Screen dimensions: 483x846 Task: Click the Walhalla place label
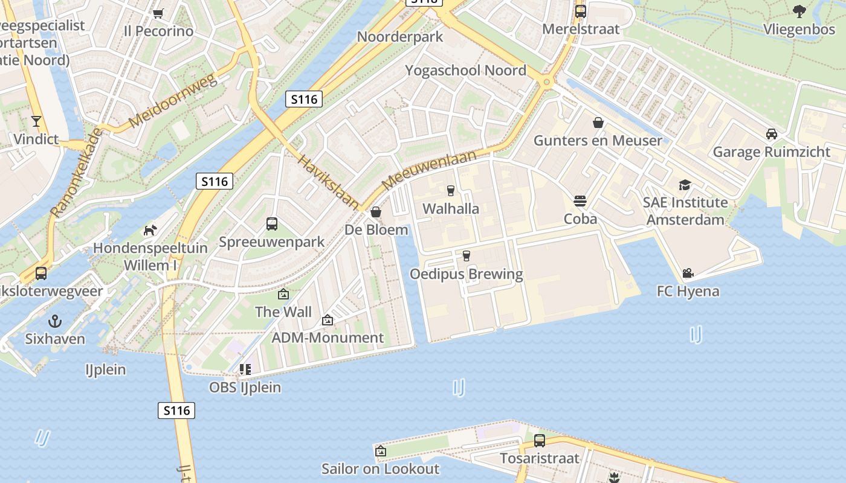point(451,209)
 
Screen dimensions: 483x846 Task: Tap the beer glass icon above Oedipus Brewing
point(466,256)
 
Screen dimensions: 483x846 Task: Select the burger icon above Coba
point(580,200)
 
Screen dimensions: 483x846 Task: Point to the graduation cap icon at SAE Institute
point(685,185)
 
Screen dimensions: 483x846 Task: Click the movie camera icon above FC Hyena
point(688,273)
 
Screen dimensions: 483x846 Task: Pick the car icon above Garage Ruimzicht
point(771,134)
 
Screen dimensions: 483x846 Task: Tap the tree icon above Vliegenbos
point(799,11)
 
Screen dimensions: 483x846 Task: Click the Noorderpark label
point(400,36)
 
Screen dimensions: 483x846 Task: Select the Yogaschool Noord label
point(465,70)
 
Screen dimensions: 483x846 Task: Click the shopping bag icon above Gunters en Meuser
point(598,123)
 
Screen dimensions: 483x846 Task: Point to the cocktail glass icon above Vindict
point(36,121)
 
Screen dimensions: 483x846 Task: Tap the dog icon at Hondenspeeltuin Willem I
point(150,230)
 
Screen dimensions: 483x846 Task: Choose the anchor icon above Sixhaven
point(55,321)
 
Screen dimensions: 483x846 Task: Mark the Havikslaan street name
point(329,181)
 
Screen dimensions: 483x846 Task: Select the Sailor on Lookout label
point(380,469)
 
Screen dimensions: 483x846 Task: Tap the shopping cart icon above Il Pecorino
point(158,13)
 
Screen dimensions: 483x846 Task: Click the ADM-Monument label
point(328,337)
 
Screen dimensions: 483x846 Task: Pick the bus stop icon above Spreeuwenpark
point(272,224)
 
